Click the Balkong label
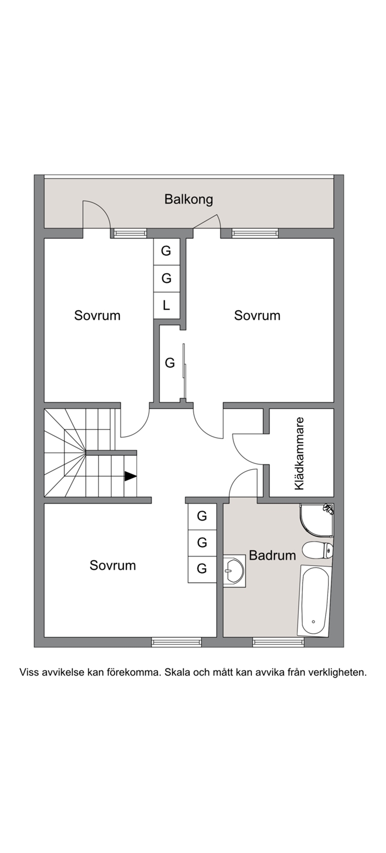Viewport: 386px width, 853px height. (188, 200)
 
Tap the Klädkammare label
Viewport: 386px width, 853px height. (300, 453)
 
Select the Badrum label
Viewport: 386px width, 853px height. (272, 555)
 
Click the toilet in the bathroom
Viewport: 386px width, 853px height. (318, 550)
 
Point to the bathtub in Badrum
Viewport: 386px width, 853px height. (314, 600)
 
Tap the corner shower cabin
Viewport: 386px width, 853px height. (317, 520)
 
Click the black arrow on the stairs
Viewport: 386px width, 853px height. (130, 476)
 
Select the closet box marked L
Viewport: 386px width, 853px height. (166, 306)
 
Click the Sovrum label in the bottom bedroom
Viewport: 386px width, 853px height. (113, 566)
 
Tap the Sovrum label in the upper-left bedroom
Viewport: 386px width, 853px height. (97, 316)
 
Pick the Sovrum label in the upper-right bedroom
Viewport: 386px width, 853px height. (257, 316)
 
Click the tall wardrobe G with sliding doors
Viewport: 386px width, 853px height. (170, 364)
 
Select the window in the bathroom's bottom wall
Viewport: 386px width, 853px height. (278, 642)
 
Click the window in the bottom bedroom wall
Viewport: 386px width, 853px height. (177, 642)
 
